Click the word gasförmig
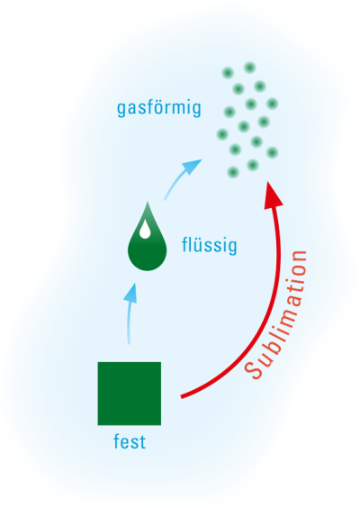pos(159,108)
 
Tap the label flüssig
pos(210,245)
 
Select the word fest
pos(130,441)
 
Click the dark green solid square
pos(130,394)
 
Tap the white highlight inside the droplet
pos(145,231)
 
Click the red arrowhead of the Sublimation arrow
pos(273,196)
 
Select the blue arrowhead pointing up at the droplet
pos(130,294)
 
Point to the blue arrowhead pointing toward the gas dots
pos(192,167)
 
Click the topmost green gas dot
pos(249,68)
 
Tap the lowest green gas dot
pos(233,172)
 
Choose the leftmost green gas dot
pos(222,134)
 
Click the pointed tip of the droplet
pos(148,202)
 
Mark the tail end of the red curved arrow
pos(181,397)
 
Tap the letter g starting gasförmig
pos(121,110)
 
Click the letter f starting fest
pos(116,441)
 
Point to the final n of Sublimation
pos(299,258)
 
